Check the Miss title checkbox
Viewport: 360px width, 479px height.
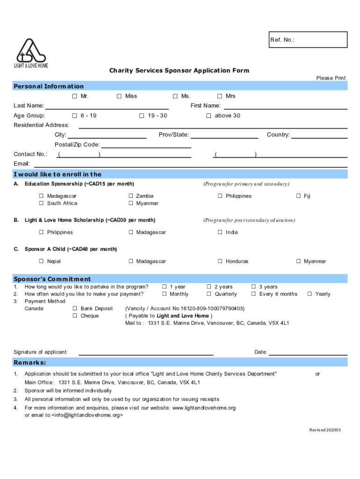point(119,96)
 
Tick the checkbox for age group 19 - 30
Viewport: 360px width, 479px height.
point(142,116)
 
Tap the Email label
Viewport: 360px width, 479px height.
point(22,164)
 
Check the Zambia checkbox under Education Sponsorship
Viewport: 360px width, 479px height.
point(131,196)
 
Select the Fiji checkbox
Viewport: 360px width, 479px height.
point(298,196)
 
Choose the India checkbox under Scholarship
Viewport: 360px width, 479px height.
point(220,232)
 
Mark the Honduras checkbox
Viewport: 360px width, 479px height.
point(220,261)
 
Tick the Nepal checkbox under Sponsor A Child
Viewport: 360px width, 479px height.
point(42,261)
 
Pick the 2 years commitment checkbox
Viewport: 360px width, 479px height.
point(209,287)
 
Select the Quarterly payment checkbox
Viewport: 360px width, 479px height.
point(209,294)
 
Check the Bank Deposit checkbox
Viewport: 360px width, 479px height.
point(75,309)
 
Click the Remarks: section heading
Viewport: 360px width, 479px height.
point(30,363)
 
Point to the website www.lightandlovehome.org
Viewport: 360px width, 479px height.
point(204,408)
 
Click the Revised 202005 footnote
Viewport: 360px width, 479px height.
point(325,430)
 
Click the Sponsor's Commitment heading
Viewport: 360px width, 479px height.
point(52,279)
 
